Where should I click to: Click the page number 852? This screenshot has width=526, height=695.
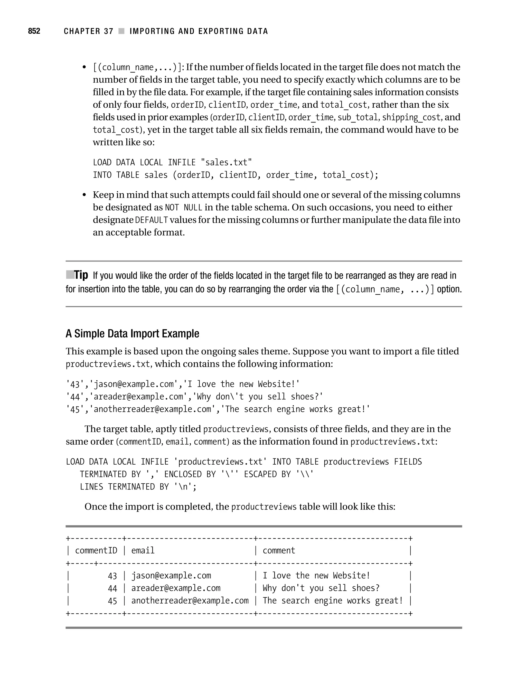pos(34,31)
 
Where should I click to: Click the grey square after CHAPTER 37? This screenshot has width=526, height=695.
pos(121,31)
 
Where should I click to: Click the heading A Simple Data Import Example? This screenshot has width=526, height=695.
pos(132,333)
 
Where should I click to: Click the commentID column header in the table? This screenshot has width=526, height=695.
pos(96,550)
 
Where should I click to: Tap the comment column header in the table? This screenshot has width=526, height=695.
pos(279,550)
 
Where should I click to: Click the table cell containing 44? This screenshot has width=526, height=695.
pos(112,588)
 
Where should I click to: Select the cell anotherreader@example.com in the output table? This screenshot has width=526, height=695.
pos(190,601)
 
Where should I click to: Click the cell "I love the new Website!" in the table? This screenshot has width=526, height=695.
pos(316,576)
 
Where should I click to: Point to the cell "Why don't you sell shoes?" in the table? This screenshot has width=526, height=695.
pos(321,588)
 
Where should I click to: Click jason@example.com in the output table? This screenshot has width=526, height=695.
pos(171,576)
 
